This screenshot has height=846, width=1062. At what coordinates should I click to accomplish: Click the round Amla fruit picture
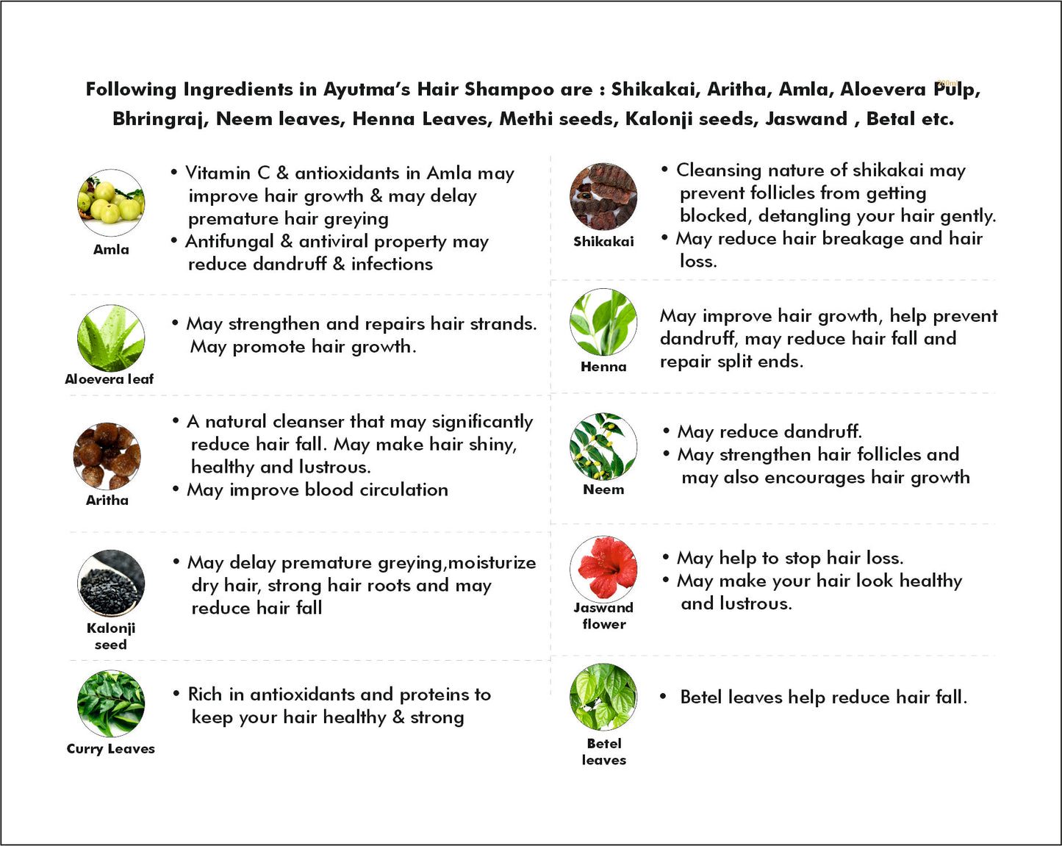click(111, 203)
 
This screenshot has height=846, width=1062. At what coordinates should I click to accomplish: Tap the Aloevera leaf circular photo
click(111, 338)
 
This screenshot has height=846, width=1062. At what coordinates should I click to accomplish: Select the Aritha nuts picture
click(107, 456)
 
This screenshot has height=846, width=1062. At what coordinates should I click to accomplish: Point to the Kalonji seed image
click(111, 584)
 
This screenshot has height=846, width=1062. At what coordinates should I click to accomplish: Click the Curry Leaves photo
click(111, 704)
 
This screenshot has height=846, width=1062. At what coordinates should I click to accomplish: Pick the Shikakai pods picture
click(603, 197)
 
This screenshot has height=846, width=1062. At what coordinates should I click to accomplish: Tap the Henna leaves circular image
click(603, 323)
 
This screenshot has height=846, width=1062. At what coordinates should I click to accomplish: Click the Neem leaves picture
click(603, 447)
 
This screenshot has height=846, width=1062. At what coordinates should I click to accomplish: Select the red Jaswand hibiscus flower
click(603, 567)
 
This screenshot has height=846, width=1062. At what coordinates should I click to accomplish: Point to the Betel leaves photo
click(603, 697)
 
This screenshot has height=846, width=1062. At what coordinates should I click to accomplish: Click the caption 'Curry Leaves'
click(111, 749)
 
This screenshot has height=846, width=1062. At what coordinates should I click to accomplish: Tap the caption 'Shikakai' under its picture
click(603, 242)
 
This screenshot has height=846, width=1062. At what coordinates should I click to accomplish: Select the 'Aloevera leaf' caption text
click(110, 379)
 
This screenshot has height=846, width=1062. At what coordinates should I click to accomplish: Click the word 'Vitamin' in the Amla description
click(217, 173)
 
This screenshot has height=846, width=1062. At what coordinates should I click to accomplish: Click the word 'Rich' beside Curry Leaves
click(205, 695)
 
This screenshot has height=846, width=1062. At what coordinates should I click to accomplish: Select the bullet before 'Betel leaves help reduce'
click(663, 697)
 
